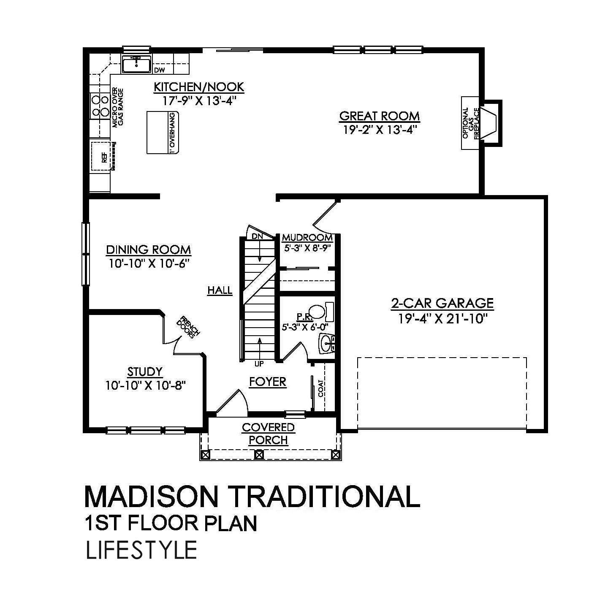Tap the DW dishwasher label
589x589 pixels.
point(159,70)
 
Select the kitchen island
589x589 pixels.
point(163,132)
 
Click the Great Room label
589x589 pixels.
point(380,116)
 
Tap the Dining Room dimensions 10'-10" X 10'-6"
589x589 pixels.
point(148,263)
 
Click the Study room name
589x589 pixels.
point(145,372)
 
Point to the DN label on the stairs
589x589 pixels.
point(257,236)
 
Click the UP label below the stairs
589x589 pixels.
point(259,363)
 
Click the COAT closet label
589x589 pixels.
point(321,388)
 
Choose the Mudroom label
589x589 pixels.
point(307,237)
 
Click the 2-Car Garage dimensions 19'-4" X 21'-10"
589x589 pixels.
point(442,318)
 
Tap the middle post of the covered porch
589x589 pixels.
point(260,455)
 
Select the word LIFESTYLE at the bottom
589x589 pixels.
point(141,550)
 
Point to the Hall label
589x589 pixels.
point(220,290)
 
